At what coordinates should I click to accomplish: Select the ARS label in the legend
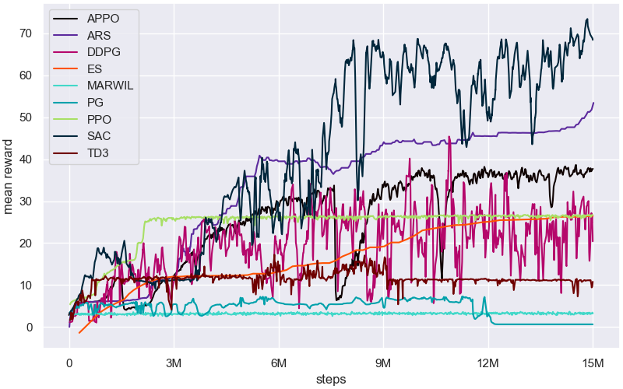100,35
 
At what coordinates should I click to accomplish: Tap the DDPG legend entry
103,51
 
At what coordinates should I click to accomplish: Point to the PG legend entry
96,102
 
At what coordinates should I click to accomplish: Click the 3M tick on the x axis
174,363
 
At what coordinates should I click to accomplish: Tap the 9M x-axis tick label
383,363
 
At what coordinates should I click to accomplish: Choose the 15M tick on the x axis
593,363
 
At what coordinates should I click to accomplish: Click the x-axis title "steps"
331,379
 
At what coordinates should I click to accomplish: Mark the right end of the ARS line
593,103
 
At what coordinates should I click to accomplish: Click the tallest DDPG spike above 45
450,138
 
